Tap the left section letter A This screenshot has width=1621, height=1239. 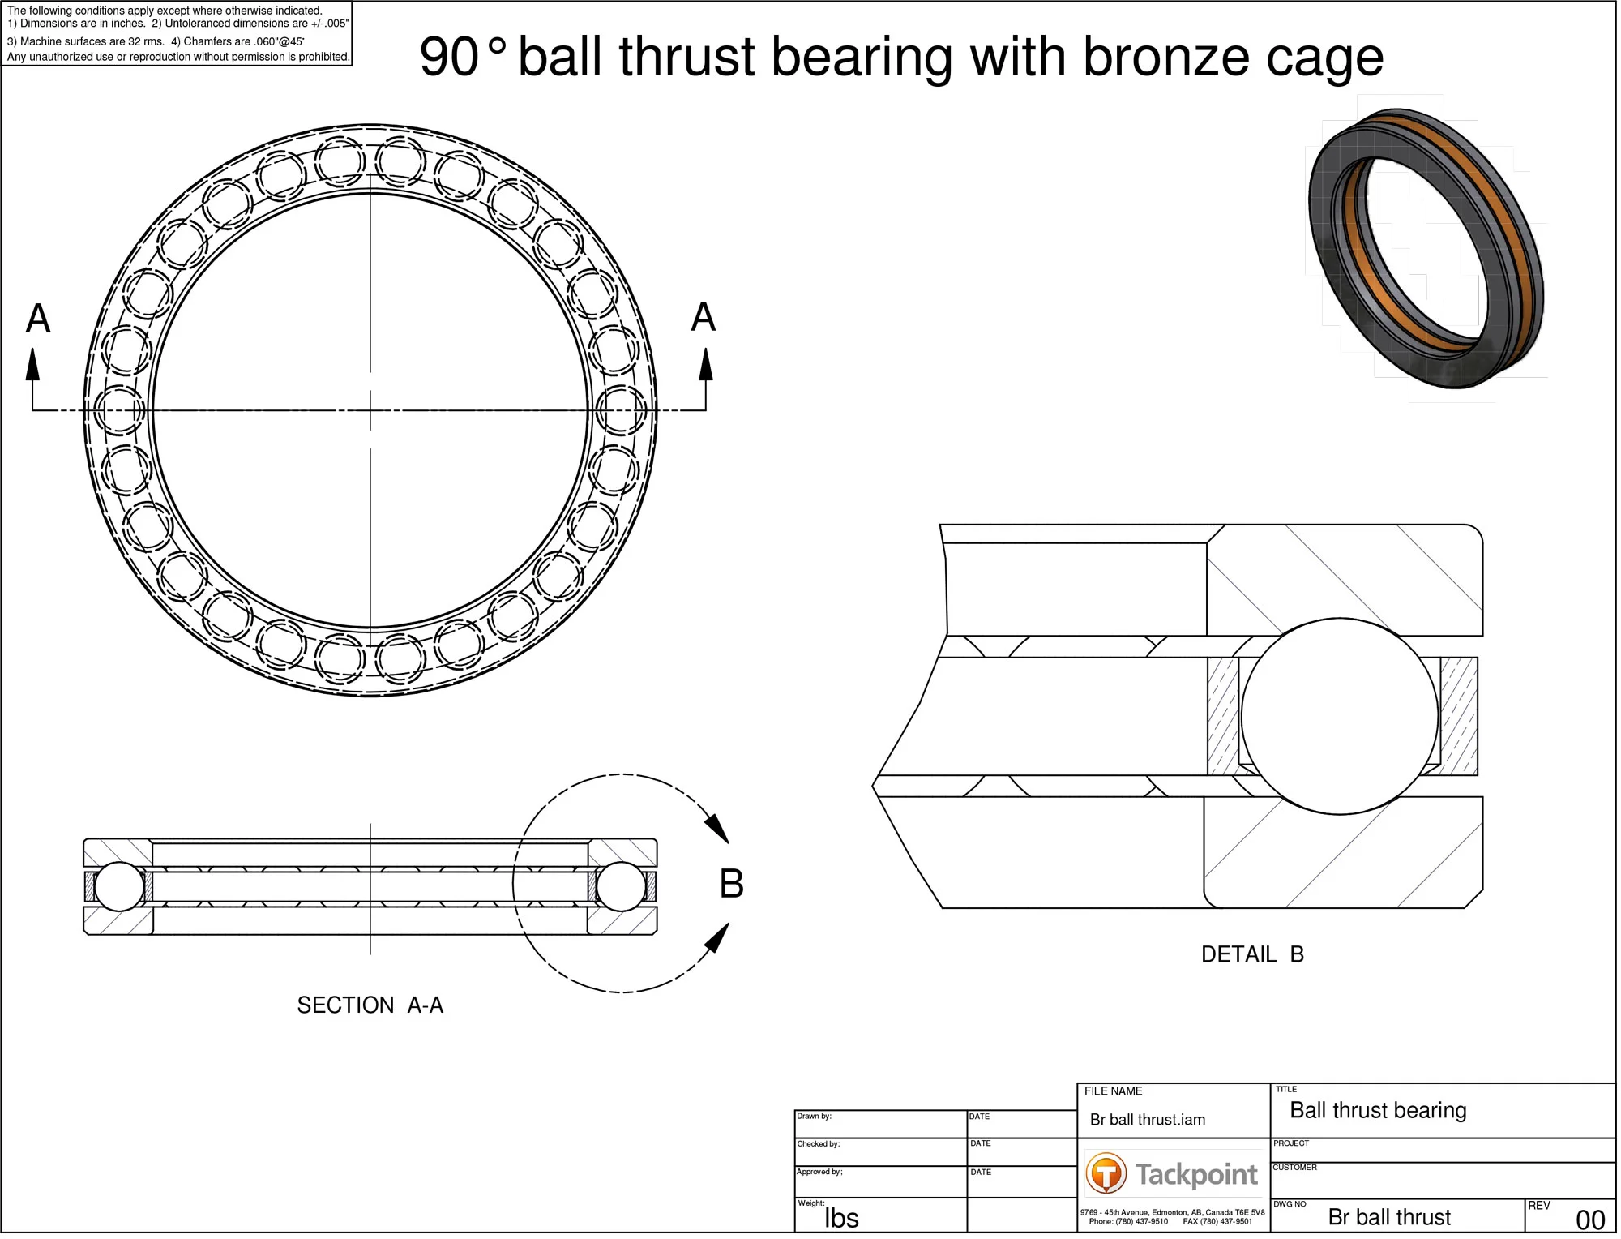tap(38, 319)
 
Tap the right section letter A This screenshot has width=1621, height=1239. tap(704, 317)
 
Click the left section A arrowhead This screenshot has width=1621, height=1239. tap(32, 365)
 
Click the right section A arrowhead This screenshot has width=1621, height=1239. tap(706, 365)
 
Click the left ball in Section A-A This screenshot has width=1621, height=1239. tap(119, 887)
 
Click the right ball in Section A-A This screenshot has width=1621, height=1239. tap(621, 887)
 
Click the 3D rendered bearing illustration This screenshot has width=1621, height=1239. tap(1426, 247)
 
